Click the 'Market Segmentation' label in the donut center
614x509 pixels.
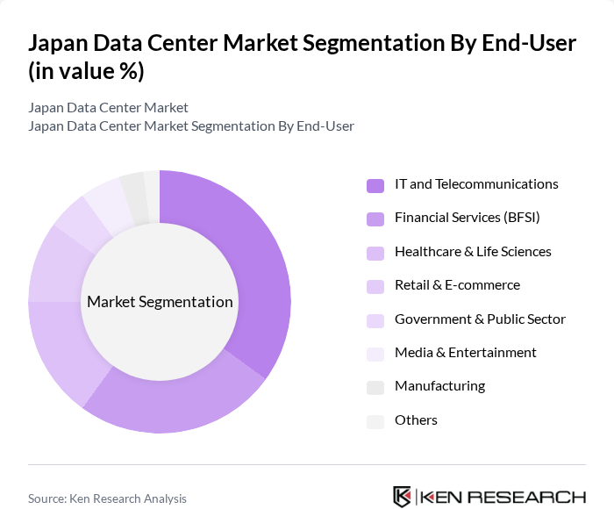[160, 302]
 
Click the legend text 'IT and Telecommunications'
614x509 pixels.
[476, 184]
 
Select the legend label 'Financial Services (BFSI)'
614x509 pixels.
[467, 218]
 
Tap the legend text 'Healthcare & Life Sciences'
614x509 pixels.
[473, 252]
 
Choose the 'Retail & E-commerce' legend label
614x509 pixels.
[457, 285]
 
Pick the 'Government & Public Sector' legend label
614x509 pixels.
[480, 319]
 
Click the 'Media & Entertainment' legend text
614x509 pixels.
[465, 353]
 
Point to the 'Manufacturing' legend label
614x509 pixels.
[439, 386]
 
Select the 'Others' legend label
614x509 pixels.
[416, 420]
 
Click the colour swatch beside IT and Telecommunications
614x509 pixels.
[375, 185]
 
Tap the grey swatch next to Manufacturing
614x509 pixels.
[375, 387]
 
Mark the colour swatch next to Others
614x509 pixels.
[375, 421]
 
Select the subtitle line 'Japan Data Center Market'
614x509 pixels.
[108, 108]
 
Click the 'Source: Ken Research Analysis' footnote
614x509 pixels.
[107, 498]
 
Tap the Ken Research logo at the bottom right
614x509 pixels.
[489, 497]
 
